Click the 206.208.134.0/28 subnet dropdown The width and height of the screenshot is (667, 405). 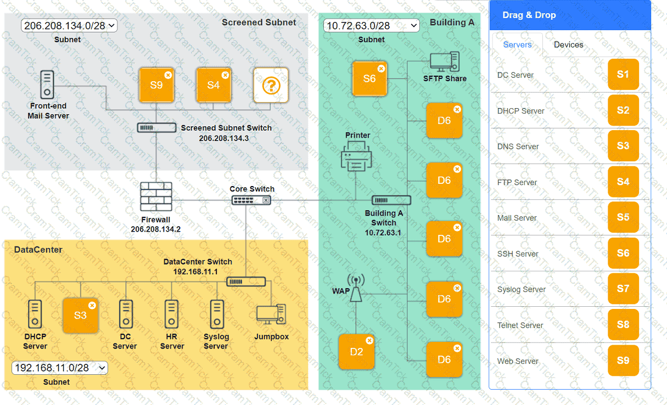tap(69, 25)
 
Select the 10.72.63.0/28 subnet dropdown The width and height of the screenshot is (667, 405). tap(371, 25)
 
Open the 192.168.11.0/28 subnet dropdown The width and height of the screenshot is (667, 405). tap(59, 368)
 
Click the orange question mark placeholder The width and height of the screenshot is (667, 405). tap(271, 85)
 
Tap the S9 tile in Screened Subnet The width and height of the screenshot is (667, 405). tap(156, 85)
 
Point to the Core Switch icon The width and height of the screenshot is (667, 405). tap(252, 200)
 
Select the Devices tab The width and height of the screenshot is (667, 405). tap(568, 45)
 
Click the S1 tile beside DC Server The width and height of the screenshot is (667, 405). tap(623, 75)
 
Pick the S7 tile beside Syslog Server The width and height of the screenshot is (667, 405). tap(623, 289)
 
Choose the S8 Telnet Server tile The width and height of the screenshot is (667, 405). tap(623, 324)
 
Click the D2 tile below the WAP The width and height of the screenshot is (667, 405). tap(356, 352)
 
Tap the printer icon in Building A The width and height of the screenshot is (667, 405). tap(356, 156)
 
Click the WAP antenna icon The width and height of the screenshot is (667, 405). tap(356, 289)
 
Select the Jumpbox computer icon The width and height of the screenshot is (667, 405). tap(271, 314)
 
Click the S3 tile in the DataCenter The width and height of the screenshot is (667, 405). tap(80, 316)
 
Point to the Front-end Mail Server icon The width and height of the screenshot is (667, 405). tap(48, 85)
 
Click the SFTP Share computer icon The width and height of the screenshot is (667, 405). tap(444, 62)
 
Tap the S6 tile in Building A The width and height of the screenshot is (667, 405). tap(369, 78)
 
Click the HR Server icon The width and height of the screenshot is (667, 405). tap(171, 314)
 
